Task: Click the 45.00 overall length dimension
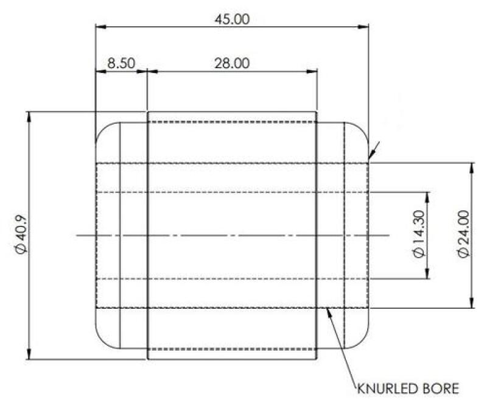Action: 232,19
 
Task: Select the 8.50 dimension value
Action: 121,63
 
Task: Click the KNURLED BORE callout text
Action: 403,387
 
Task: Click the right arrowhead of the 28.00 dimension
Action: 314,71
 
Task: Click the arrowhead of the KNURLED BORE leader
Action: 329,310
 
